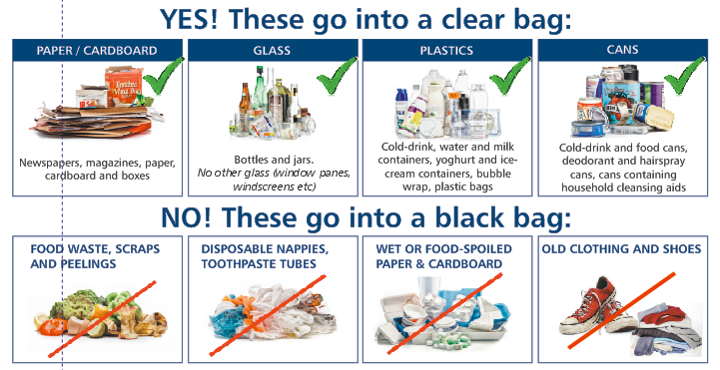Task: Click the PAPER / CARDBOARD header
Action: [x=97, y=50]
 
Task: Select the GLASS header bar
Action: [x=273, y=50]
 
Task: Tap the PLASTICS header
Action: [x=446, y=50]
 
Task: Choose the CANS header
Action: [x=622, y=50]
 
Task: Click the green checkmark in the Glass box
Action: [x=337, y=76]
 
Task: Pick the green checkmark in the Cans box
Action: [x=684, y=76]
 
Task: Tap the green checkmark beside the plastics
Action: [x=510, y=76]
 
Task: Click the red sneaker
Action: [x=592, y=307]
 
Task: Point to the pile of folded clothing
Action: [x=667, y=329]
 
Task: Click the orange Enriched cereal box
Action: [x=124, y=86]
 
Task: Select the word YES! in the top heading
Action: [x=189, y=19]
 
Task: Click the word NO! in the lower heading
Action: [x=186, y=217]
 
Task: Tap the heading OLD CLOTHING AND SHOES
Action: [x=621, y=249]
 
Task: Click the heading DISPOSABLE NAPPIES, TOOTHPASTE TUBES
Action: [x=265, y=256]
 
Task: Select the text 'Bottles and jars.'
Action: [x=274, y=160]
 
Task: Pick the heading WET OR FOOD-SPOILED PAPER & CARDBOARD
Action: [x=443, y=256]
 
